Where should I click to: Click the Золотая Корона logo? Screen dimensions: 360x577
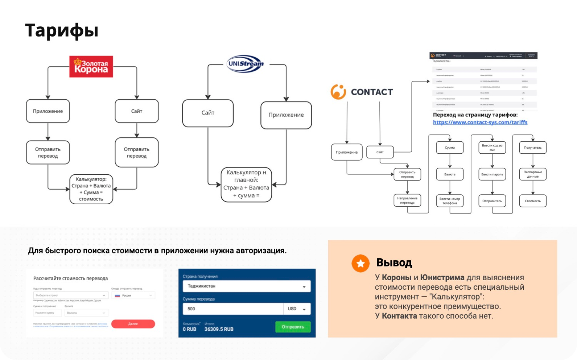coord(91,66)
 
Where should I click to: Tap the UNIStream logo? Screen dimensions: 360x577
coord(245,64)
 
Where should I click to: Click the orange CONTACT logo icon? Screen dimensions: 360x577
coord(338,92)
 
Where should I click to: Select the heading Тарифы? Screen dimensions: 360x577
coord(62,30)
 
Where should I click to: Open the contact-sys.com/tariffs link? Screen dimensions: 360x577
coord(480,122)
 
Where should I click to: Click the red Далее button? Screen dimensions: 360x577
coord(133,324)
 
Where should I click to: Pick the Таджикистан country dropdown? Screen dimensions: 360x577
coord(246,286)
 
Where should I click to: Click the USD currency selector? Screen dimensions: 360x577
coord(297,309)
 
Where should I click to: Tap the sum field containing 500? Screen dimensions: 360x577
coord(233,309)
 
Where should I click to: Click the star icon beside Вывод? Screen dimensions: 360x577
coord(361,263)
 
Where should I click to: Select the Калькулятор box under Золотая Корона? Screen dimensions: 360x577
coord(91,189)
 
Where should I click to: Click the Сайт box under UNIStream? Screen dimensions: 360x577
coord(208,113)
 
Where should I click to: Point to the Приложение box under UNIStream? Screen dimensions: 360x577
coord(286,115)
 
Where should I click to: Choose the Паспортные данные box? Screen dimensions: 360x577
coord(533,174)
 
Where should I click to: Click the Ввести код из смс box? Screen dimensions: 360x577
coord(492,148)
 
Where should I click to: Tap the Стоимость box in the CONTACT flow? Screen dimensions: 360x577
coord(533,201)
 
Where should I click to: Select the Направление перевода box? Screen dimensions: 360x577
coord(407,200)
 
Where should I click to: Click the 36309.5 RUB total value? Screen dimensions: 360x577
coord(219,329)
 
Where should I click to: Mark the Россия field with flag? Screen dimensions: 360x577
coord(133,296)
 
